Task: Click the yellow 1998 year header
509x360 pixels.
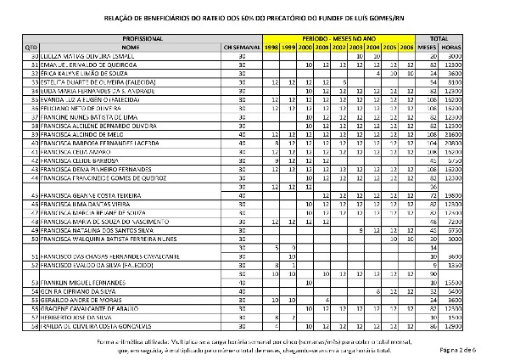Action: [x=271, y=48]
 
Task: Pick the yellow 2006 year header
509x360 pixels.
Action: [x=407, y=48]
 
